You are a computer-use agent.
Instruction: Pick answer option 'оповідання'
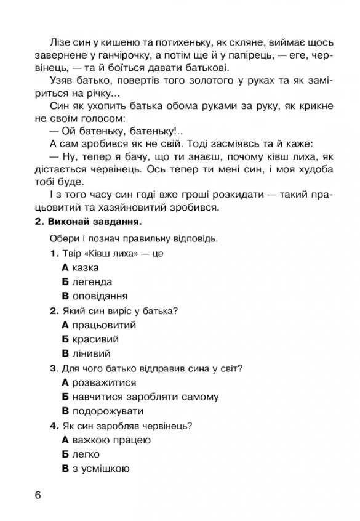pos(95,296)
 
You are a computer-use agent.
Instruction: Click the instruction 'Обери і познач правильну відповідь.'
pos(135,238)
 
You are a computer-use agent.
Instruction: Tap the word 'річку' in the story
pos(102,94)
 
